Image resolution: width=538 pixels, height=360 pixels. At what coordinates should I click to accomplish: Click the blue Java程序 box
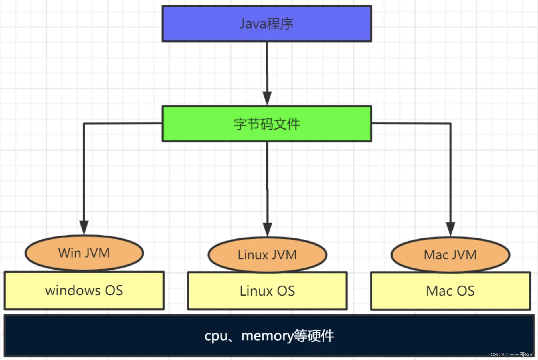pos(267,24)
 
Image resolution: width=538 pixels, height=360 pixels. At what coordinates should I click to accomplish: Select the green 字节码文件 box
pos(267,124)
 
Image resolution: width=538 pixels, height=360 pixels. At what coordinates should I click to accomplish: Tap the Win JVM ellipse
pos(84,253)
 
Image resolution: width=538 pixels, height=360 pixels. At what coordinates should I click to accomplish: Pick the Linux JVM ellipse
pos(267,255)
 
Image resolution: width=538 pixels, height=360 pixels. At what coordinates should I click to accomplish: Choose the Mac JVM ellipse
pos(450,255)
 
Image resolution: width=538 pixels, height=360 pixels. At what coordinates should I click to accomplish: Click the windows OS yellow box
pos(84,291)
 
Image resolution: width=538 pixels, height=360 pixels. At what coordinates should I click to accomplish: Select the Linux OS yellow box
pos(267,291)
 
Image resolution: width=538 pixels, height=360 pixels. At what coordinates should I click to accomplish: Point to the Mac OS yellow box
pos(450,291)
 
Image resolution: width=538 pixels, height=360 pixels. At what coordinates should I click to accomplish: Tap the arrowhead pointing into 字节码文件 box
pos(267,98)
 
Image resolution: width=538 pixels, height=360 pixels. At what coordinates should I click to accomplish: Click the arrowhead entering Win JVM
pos(84,227)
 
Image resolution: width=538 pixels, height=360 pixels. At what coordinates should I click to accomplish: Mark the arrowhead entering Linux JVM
pos(267,229)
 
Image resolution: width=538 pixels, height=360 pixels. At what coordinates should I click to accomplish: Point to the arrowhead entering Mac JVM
pos(450,229)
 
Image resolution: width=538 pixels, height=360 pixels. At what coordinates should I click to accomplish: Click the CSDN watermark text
pos(512,355)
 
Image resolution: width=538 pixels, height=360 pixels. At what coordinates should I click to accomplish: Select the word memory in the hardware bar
pos(267,336)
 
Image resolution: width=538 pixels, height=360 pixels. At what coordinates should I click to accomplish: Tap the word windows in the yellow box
pos(73,291)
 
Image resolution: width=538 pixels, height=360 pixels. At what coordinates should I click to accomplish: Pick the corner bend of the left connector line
pos(84,124)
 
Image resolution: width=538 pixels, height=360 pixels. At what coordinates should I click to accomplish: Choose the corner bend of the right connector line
pos(450,124)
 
